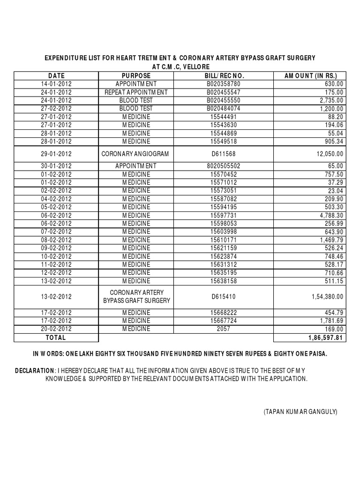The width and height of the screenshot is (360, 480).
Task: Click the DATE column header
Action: click(56, 75)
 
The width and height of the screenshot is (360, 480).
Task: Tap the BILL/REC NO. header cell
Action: click(225, 75)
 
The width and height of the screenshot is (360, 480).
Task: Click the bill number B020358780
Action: click(225, 84)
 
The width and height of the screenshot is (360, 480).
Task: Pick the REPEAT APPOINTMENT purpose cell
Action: click(136, 92)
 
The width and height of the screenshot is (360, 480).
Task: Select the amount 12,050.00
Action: click(328, 154)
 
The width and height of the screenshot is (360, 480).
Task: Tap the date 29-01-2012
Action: click(56, 154)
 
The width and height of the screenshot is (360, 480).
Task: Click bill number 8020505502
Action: click(225, 166)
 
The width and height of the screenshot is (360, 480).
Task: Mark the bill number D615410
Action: click(225, 297)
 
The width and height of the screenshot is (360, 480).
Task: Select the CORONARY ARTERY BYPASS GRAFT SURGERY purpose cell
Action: click(136, 297)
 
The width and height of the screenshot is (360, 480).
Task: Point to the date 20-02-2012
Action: click(56, 329)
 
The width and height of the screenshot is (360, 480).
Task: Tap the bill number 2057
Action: click(225, 329)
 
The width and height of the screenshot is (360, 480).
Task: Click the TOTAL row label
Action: click(56, 337)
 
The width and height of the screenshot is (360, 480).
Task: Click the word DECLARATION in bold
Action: click(34, 370)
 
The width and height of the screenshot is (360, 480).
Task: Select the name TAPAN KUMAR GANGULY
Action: click(300, 412)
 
